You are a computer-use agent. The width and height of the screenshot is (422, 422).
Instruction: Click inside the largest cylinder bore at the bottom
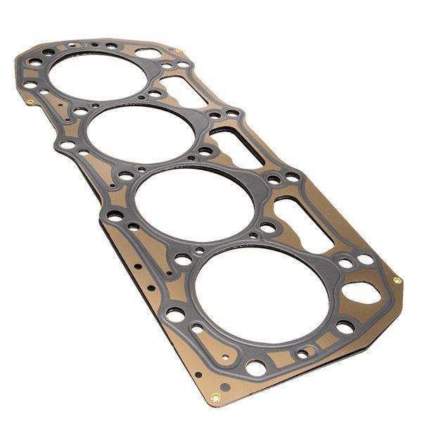[x=262, y=295]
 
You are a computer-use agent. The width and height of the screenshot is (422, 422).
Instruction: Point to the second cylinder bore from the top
[x=141, y=134]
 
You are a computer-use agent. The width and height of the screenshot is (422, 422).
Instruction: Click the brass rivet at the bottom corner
[x=215, y=398]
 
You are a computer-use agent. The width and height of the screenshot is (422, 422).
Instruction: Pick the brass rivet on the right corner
[x=397, y=280]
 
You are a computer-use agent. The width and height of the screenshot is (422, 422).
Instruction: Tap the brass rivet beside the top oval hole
[x=178, y=51]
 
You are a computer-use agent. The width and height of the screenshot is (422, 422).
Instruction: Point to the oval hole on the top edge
[x=148, y=53]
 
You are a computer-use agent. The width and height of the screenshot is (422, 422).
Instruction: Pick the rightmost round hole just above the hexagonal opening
[x=366, y=260]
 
